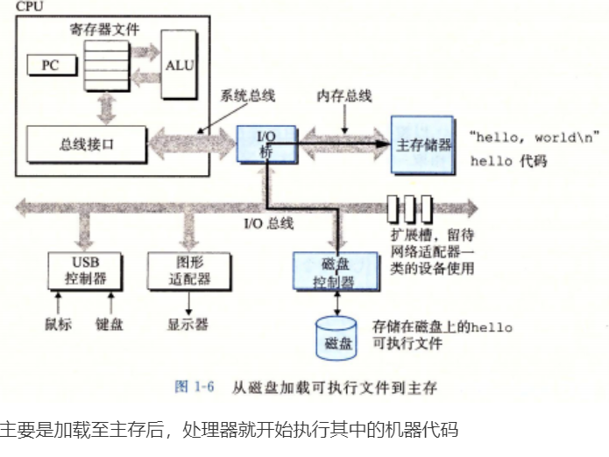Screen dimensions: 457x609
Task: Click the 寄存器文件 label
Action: (106, 28)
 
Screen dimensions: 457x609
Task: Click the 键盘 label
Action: (110, 324)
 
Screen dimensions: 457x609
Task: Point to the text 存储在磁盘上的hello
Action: (443, 327)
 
